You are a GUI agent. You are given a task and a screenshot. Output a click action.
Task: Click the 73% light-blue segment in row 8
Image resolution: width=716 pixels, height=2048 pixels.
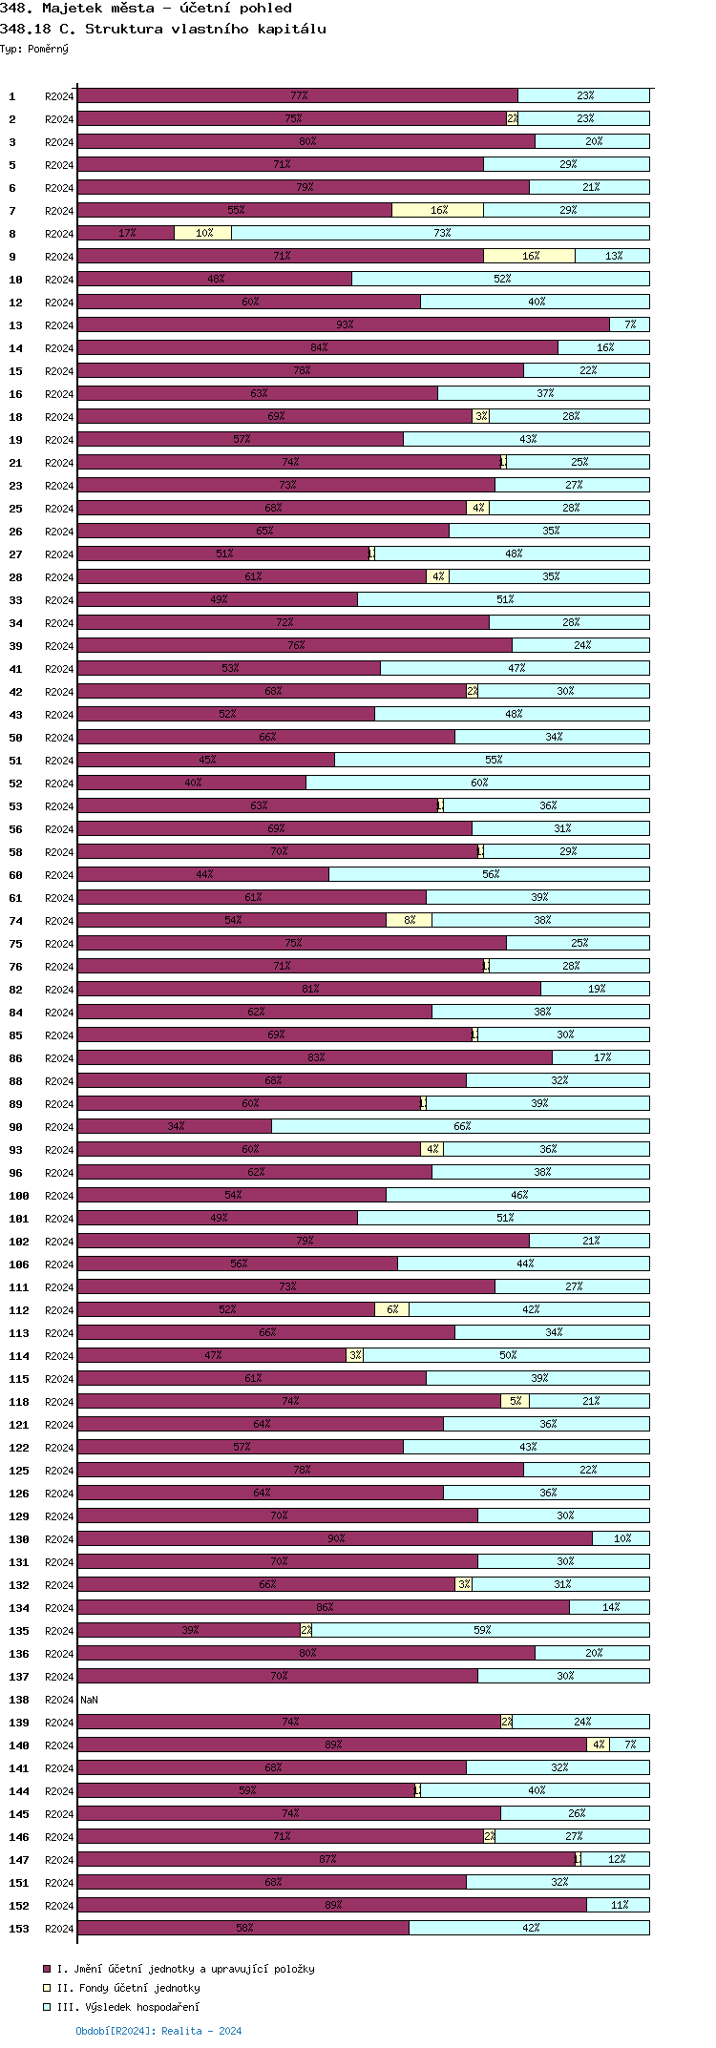point(440,233)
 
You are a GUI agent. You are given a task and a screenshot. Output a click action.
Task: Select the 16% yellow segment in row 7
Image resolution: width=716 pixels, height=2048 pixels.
point(437,210)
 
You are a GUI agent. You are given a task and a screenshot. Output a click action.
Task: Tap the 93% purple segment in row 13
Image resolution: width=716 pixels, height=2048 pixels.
point(344,324)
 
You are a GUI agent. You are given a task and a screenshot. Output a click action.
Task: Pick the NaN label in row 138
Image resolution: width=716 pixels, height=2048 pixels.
point(89,1700)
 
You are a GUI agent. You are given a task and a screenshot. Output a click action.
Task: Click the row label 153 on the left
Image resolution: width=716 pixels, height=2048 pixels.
point(19,1929)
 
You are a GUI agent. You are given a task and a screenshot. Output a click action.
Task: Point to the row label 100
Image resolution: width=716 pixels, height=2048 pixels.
point(19,1196)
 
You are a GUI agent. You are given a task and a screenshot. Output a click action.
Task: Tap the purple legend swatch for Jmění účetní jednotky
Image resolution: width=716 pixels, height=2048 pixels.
point(47,1969)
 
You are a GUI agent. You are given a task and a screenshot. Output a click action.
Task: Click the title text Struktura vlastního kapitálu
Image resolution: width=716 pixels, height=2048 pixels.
point(205,29)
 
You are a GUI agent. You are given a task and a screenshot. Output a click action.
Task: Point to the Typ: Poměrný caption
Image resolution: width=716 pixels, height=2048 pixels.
point(34,49)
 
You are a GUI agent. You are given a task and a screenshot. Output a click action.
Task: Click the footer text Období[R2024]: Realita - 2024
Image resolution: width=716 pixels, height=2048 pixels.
point(158,2031)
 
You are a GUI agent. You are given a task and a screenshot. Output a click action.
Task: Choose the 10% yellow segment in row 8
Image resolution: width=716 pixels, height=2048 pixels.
point(202,233)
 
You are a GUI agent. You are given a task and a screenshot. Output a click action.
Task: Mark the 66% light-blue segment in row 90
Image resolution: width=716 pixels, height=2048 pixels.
point(460,1126)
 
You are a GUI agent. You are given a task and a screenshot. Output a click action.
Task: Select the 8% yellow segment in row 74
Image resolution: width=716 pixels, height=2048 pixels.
point(409,920)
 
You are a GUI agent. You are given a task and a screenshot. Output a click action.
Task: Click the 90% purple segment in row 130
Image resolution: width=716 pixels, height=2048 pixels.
point(335,1538)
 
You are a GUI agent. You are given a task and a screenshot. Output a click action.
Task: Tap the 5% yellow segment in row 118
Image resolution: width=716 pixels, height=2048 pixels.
point(515,1401)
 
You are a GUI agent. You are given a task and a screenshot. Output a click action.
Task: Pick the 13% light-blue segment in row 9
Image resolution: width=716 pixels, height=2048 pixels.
point(612,256)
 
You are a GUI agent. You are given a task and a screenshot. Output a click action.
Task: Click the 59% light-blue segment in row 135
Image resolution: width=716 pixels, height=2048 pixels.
point(481,1630)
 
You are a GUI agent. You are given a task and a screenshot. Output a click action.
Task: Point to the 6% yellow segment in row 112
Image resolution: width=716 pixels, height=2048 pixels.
point(391,1309)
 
